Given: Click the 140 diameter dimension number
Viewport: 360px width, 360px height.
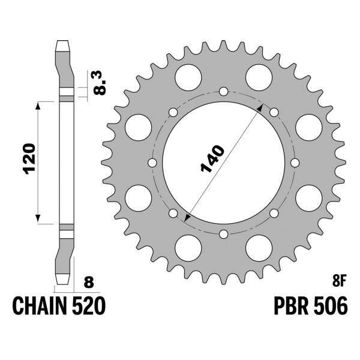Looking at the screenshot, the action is [x=212, y=158].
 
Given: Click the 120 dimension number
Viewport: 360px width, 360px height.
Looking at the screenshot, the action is [x=31, y=159].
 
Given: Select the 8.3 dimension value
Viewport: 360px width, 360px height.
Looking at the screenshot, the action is [x=100, y=83].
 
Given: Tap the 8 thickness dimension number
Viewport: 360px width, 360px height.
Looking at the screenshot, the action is [x=89, y=282].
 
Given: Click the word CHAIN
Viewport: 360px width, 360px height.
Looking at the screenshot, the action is [x=39, y=306].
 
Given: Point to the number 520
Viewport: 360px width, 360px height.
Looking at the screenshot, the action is [x=89, y=306].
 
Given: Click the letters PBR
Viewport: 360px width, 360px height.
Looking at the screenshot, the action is [x=291, y=306].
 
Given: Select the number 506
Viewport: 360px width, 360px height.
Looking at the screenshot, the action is [x=331, y=306].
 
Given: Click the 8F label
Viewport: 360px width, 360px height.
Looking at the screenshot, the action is [x=339, y=282].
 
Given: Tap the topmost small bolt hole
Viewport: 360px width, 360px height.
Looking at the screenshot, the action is [x=223, y=91].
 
